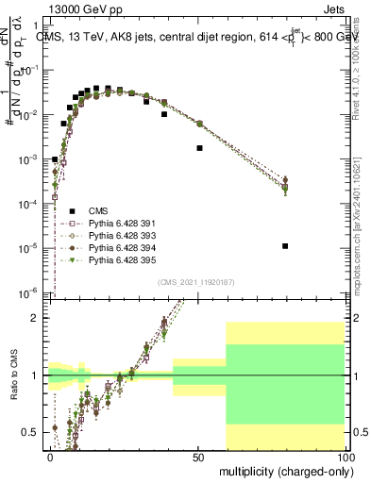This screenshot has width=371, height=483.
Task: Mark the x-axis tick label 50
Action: pos(198,456)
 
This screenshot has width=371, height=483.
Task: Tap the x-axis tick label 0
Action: pos(51,456)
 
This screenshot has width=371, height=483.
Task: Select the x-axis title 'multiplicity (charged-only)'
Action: pos(282,470)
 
